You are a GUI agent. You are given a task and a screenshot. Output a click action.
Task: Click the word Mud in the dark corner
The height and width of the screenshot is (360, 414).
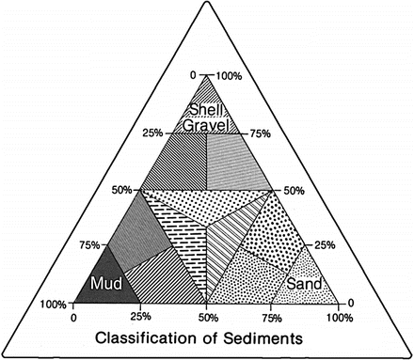(x=104, y=282)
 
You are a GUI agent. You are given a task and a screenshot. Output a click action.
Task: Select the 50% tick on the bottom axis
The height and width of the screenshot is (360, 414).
(x=207, y=315)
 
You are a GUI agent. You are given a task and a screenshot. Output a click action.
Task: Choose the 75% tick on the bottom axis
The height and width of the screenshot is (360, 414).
(x=274, y=315)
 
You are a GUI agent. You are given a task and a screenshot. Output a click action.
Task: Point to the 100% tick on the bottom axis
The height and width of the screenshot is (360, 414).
(x=338, y=315)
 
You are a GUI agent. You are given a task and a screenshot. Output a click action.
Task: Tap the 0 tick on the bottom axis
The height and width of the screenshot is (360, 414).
(x=73, y=315)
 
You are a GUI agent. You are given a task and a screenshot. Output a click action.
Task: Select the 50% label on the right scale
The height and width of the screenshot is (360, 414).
(x=294, y=190)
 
